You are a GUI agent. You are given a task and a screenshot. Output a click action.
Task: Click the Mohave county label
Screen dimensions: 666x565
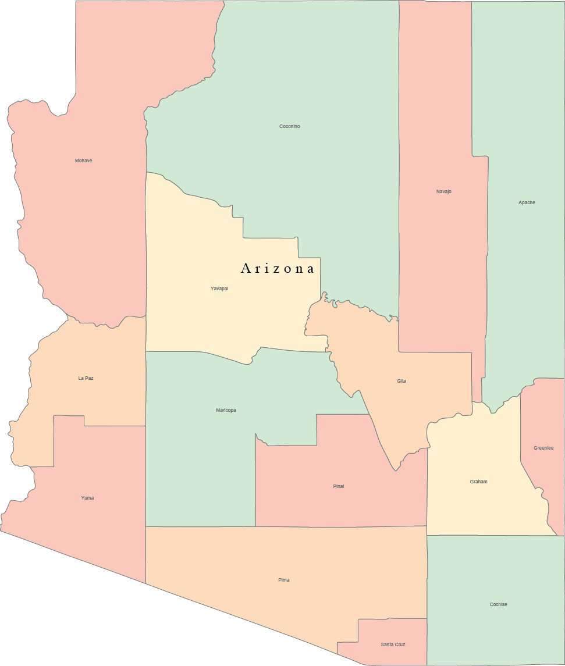click(83, 161)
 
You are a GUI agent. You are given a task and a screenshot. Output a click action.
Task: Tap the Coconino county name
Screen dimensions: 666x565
click(290, 126)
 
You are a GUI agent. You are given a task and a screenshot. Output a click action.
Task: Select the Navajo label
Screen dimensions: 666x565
click(443, 191)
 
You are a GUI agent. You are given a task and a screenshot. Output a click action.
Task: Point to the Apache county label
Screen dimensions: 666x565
click(527, 202)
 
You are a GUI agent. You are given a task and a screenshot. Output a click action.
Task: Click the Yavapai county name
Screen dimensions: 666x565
click(219, 289)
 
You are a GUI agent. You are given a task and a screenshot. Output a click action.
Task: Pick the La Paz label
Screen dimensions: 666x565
click(86, 378)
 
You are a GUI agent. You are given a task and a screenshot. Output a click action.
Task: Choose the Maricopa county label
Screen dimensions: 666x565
click(226, 410)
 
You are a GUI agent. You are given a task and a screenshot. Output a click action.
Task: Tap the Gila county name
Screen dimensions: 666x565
click(401, 381)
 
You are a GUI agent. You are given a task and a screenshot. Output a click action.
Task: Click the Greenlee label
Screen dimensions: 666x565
click(543, 448)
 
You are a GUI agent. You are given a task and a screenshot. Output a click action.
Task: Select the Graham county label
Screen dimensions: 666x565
click(478, 482)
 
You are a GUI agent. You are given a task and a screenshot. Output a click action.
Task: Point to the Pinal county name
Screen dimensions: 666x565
click(338, 486)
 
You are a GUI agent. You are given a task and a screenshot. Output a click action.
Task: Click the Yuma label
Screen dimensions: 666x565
click(87, 498)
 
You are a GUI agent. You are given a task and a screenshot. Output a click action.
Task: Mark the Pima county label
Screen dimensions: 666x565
click(283, 580)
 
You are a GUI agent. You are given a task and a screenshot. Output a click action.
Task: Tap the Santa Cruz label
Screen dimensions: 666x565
click(393, 644)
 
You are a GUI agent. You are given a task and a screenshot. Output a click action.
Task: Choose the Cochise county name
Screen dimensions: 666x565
click(498, 604)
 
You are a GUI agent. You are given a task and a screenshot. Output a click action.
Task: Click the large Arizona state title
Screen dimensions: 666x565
click(278, 268)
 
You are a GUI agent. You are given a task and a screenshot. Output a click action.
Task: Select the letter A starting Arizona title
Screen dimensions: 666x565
click(246, 268)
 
